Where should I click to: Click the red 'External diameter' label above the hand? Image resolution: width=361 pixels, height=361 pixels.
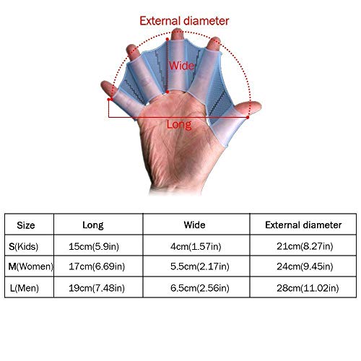(x=184, y=21)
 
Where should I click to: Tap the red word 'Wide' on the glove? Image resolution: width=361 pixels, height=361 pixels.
(x=181, y=66)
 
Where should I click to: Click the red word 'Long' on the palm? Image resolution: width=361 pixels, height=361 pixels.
(x=179, y=125)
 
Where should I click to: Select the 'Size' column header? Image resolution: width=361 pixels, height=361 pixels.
(x=26, y=225)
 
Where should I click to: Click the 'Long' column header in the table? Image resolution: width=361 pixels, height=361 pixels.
(x=93, y=225)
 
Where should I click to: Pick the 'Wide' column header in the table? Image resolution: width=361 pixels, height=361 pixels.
(x=194, y=225)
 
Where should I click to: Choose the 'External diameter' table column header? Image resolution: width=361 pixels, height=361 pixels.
(x=303, y=225)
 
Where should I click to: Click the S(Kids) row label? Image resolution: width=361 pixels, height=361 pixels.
(x=23, y=246)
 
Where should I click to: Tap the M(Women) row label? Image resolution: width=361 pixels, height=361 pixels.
(x=30, y=266)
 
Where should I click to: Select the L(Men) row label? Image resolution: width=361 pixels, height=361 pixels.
(x=25, y=288)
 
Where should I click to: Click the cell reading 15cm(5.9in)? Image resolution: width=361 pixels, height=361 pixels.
(x=94, y=246)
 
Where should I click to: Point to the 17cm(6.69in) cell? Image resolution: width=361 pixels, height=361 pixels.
(x=97, y=266)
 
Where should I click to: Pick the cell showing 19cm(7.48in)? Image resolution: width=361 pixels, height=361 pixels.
(x=97, y=288)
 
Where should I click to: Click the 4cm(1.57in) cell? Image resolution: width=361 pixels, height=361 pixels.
(x=196, y=246)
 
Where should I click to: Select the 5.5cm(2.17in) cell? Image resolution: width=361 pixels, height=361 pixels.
(x=200, y=266)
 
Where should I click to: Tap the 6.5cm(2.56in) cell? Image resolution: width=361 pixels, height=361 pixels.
(x=200, y=288)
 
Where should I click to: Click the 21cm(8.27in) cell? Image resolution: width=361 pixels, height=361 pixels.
(x=305, y=246)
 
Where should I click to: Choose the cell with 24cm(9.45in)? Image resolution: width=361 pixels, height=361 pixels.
(x=305, y=266)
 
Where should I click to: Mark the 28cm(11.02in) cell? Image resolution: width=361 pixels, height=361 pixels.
(x=308, y=288)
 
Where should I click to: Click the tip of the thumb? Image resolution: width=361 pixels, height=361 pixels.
(x=261, y=106)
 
